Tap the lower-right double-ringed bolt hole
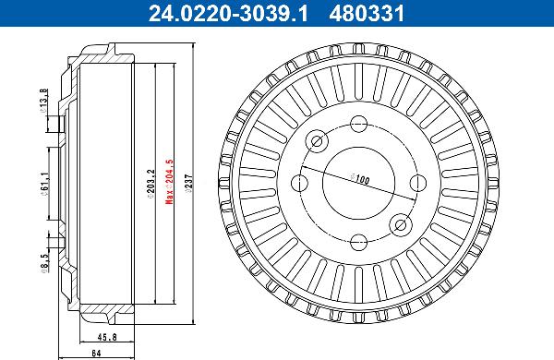pyautogui.click(x=399, y=222)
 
